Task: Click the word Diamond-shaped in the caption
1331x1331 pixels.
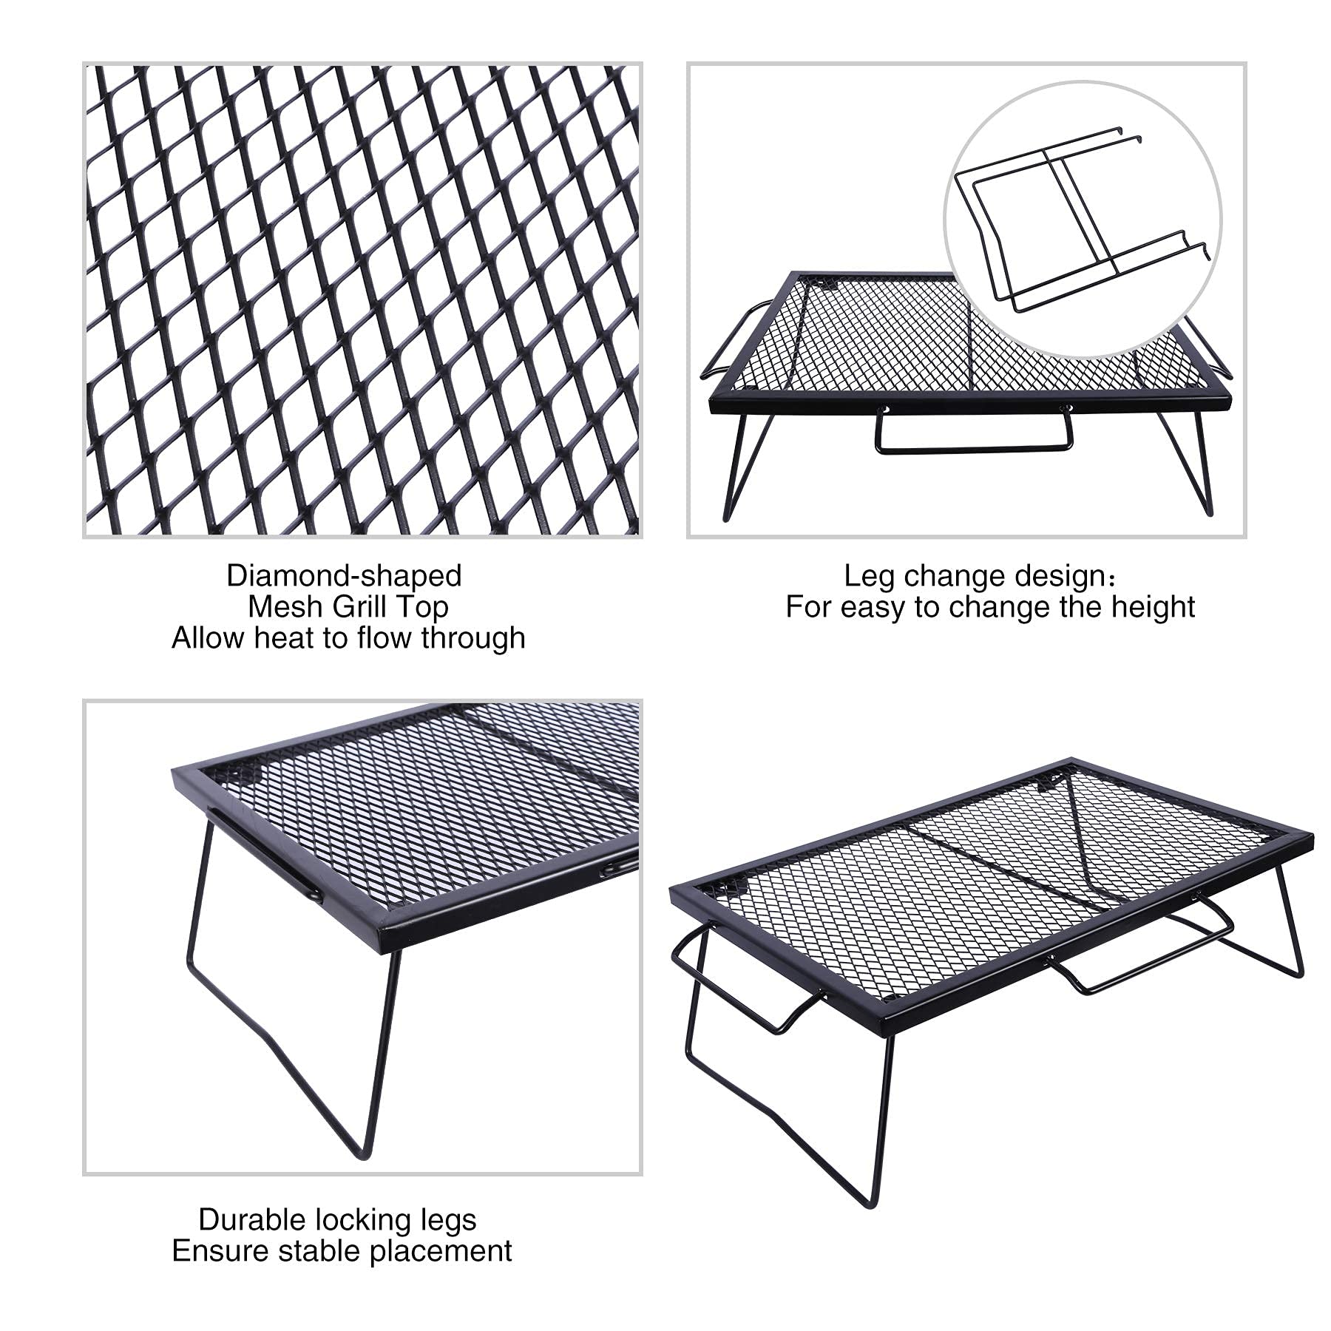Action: [344, 575]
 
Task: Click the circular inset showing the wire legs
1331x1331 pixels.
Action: [1082, 219]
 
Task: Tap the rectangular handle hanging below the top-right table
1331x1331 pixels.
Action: [974, 447]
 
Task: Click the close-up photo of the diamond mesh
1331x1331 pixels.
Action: [362, 300]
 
